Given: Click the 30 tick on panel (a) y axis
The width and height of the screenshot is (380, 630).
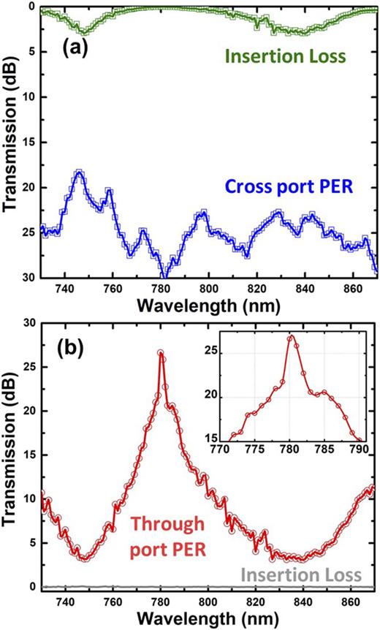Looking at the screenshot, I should [x=28, y=278].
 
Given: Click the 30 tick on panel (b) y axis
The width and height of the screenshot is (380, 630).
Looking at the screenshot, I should [x=28, y=322].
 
